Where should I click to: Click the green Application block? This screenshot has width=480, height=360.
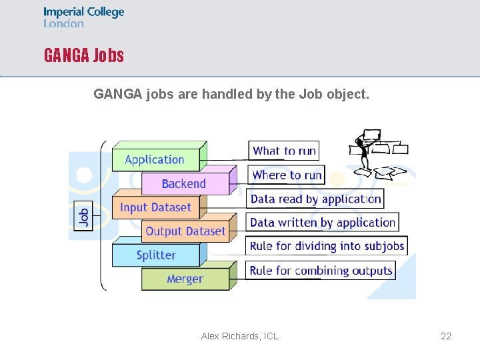(155, 160)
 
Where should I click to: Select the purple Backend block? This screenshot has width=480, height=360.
(184, 184)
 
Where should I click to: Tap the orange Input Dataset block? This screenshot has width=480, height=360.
(155, 208)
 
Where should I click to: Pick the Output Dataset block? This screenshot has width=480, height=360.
(185, 231)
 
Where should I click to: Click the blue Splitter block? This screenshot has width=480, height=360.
(156, 255)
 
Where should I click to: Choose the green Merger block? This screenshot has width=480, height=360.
(185, 279)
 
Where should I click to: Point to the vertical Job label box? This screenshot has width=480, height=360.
(83, 217)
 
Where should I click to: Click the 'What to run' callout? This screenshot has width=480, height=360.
(285, 151)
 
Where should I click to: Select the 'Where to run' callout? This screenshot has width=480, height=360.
(287, 175)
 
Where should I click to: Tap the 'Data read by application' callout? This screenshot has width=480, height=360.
(316, 199)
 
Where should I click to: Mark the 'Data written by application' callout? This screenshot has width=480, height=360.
(323, 223)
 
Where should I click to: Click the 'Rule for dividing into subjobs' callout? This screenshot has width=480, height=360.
(327, 246)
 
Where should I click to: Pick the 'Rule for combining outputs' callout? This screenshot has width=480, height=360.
(321, 271)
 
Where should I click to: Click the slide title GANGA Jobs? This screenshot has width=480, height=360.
(84, 55)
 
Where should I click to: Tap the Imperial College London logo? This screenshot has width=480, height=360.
(84, 17)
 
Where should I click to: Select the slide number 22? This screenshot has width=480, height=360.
(446, 336)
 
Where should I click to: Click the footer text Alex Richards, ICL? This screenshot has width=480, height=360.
(240, 336)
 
